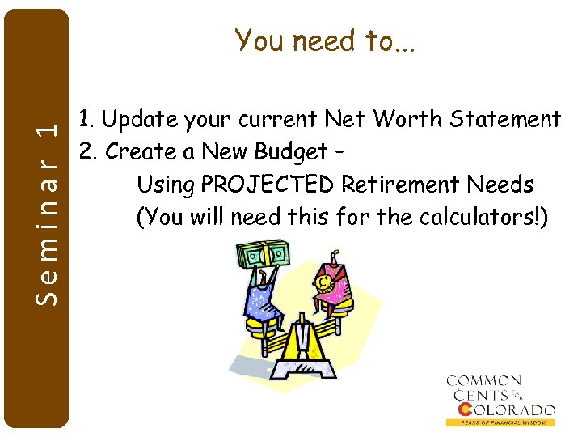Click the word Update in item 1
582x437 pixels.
click(x=138, y=120)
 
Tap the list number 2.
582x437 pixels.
click(x=85, y=152)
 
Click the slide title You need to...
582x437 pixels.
click(x=324, y=40)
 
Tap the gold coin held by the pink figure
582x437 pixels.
click(x=323, y=282)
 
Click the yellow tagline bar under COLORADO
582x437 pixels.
click(x=500, y=422)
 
